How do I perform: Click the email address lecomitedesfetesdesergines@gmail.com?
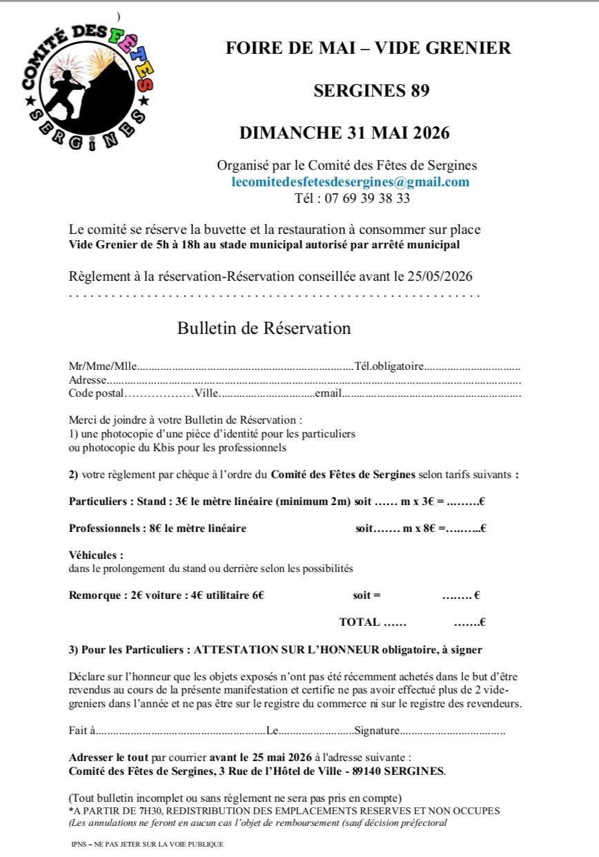(x=350, y=182)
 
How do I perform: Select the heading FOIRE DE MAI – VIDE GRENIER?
(x=369, y=48)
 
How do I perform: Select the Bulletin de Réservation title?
(x=264, y=328)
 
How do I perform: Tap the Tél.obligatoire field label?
(x=389, y=366)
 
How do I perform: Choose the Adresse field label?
(x=87, y=380)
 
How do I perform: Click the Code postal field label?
(x=96, y=393)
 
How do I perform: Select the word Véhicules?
(x=96, y=555)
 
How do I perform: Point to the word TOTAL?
(x=360, y=622)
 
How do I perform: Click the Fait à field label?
(x=82, y=731)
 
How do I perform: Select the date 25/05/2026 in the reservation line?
(x=439, y=277)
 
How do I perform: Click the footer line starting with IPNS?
(x=147, y=844)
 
